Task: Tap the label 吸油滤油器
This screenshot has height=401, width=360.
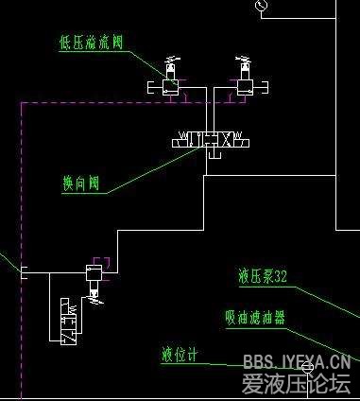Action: coord(255,317)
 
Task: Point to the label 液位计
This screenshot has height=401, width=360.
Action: coord(180,356)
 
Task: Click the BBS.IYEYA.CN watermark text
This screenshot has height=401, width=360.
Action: coord(297,361)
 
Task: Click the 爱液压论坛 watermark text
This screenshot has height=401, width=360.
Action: coord(296,383)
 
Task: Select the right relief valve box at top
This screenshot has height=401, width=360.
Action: coord(244,86)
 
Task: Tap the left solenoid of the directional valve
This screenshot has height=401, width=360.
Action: coord(180,142)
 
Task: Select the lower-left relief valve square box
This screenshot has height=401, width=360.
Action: coord(94,272)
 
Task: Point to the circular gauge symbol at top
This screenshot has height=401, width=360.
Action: coord(261,6)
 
